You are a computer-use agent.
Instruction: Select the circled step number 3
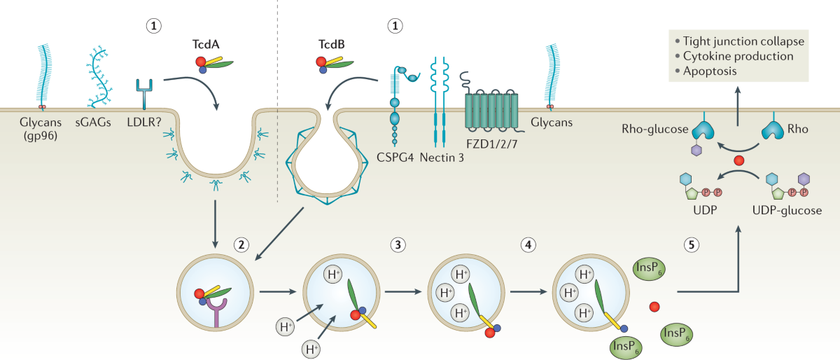(x=398, y=244)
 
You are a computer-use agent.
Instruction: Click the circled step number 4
(x=529, y=244)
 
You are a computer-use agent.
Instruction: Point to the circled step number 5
(x=689, y=244)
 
